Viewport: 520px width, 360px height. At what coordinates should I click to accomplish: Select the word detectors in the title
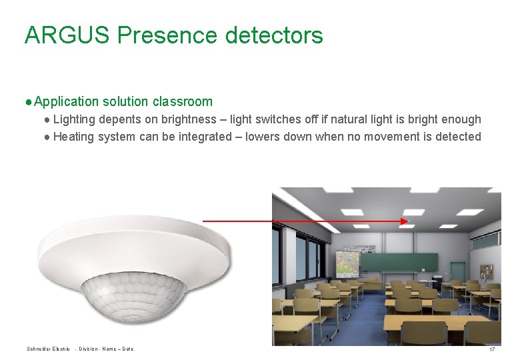point(274,35)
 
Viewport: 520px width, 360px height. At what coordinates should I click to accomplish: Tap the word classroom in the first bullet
point(183,102)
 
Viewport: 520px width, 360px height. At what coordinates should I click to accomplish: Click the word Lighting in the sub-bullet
point(74,119)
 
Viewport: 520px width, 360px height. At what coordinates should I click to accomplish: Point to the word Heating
point(73,137)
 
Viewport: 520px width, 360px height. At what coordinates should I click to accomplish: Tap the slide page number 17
point(492,350)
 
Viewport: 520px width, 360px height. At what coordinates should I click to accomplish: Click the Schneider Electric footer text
point(48,349)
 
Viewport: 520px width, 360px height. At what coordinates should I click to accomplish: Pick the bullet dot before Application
point(29,102)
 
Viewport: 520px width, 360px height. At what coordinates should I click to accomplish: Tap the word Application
point(66,102)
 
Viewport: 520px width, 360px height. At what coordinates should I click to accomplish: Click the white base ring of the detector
point(133,243)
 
